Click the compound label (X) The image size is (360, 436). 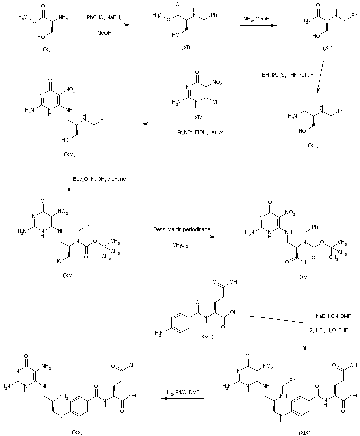point(47,50)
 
